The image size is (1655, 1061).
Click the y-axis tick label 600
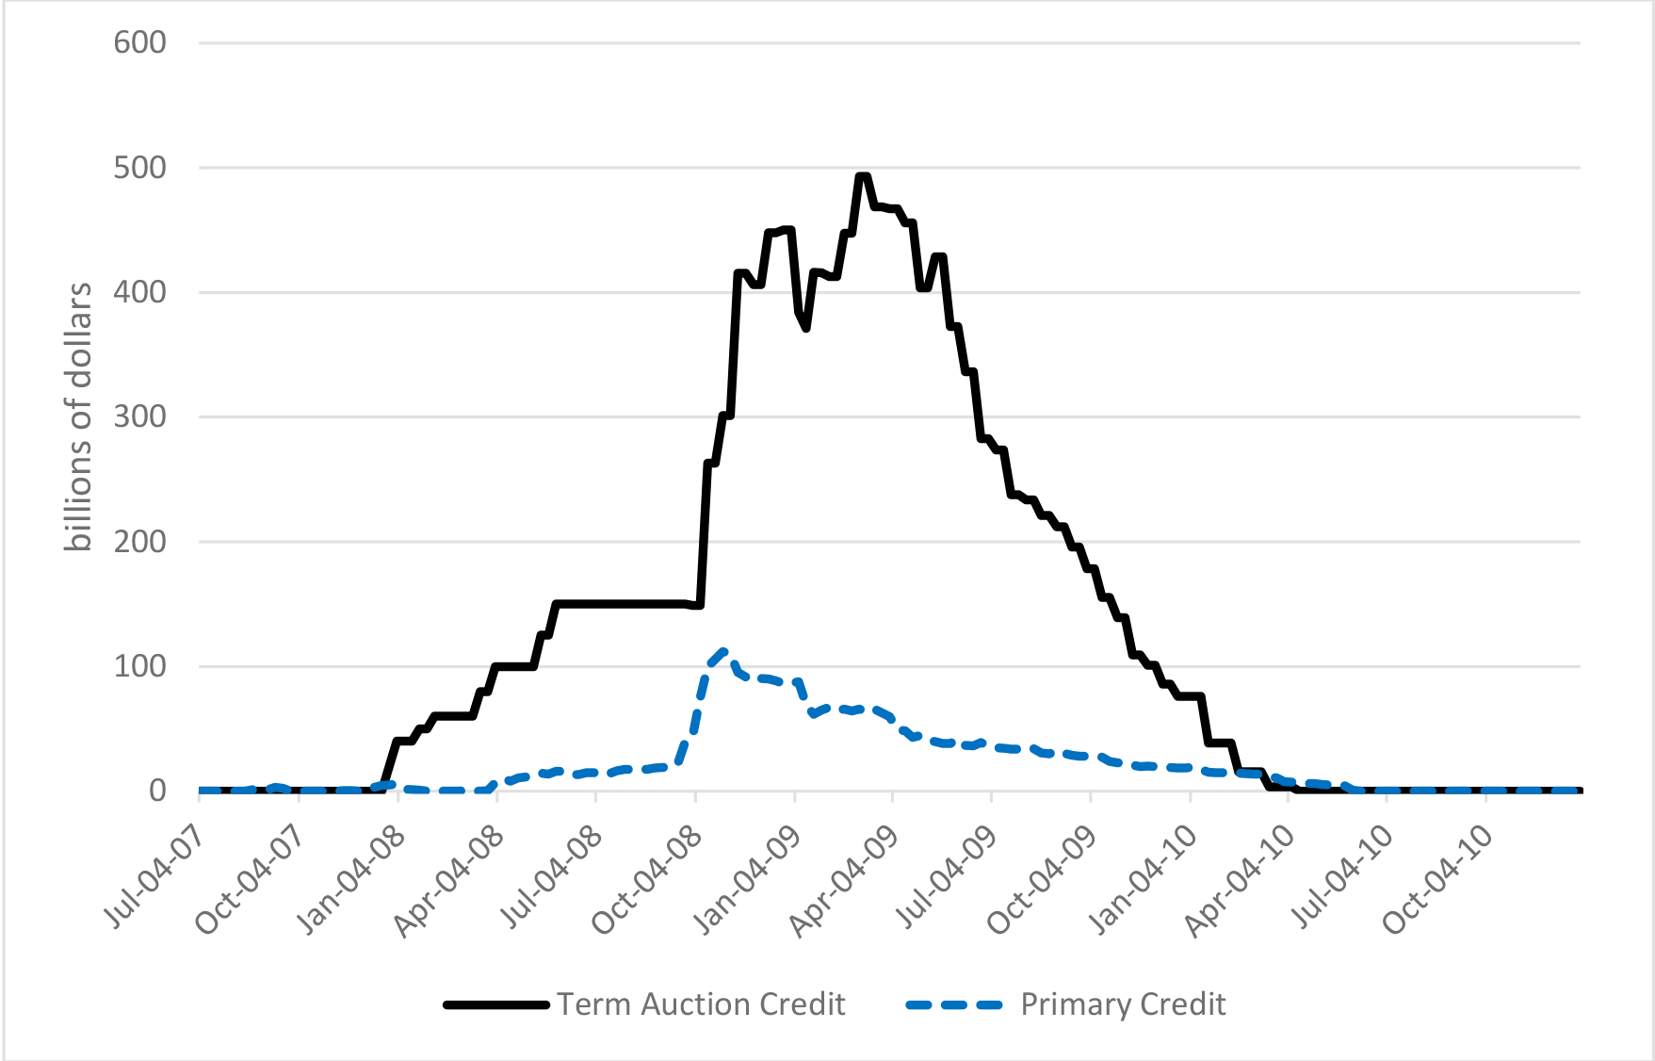tap(139, 42)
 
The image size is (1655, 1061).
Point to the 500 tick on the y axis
tap(139, 168)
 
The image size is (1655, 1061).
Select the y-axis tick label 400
tap(139, 292)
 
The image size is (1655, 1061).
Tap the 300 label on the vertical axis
tap(139, 416)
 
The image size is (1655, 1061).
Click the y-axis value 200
tap(139, 542)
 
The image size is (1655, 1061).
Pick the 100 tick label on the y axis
tap(139, 666)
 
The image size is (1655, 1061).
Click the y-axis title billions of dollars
tap(79, 416)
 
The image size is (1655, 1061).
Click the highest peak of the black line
tap(862, 176)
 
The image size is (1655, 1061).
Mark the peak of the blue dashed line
tap(722, 650)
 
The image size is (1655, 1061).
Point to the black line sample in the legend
tap(496, 1004)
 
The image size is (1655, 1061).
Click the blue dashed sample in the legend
tap(954, 1004)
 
